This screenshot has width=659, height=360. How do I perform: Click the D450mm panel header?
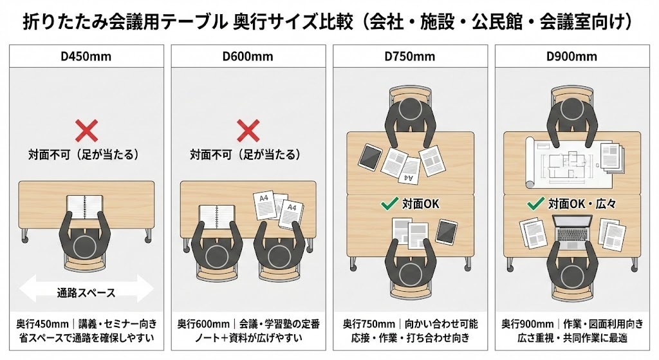(x=86, y=56)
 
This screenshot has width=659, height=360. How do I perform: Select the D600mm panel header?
(x=248, y=56)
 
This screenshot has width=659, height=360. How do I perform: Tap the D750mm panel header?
(x=410, y=56)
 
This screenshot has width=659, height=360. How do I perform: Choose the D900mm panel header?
(x=571, y=56)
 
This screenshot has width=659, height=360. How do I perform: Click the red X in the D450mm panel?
(x=86, y=131)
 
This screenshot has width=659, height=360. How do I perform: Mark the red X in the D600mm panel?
(x=248, y=131)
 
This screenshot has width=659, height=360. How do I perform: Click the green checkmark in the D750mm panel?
(x=389, y=204)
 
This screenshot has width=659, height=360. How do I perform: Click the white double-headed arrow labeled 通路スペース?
(x=86, y=292)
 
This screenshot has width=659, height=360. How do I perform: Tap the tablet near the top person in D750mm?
(x=371, y=156)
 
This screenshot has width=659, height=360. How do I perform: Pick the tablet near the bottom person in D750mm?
(x=447, y=231)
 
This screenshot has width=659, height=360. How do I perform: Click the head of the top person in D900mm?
(x=571, y=110)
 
